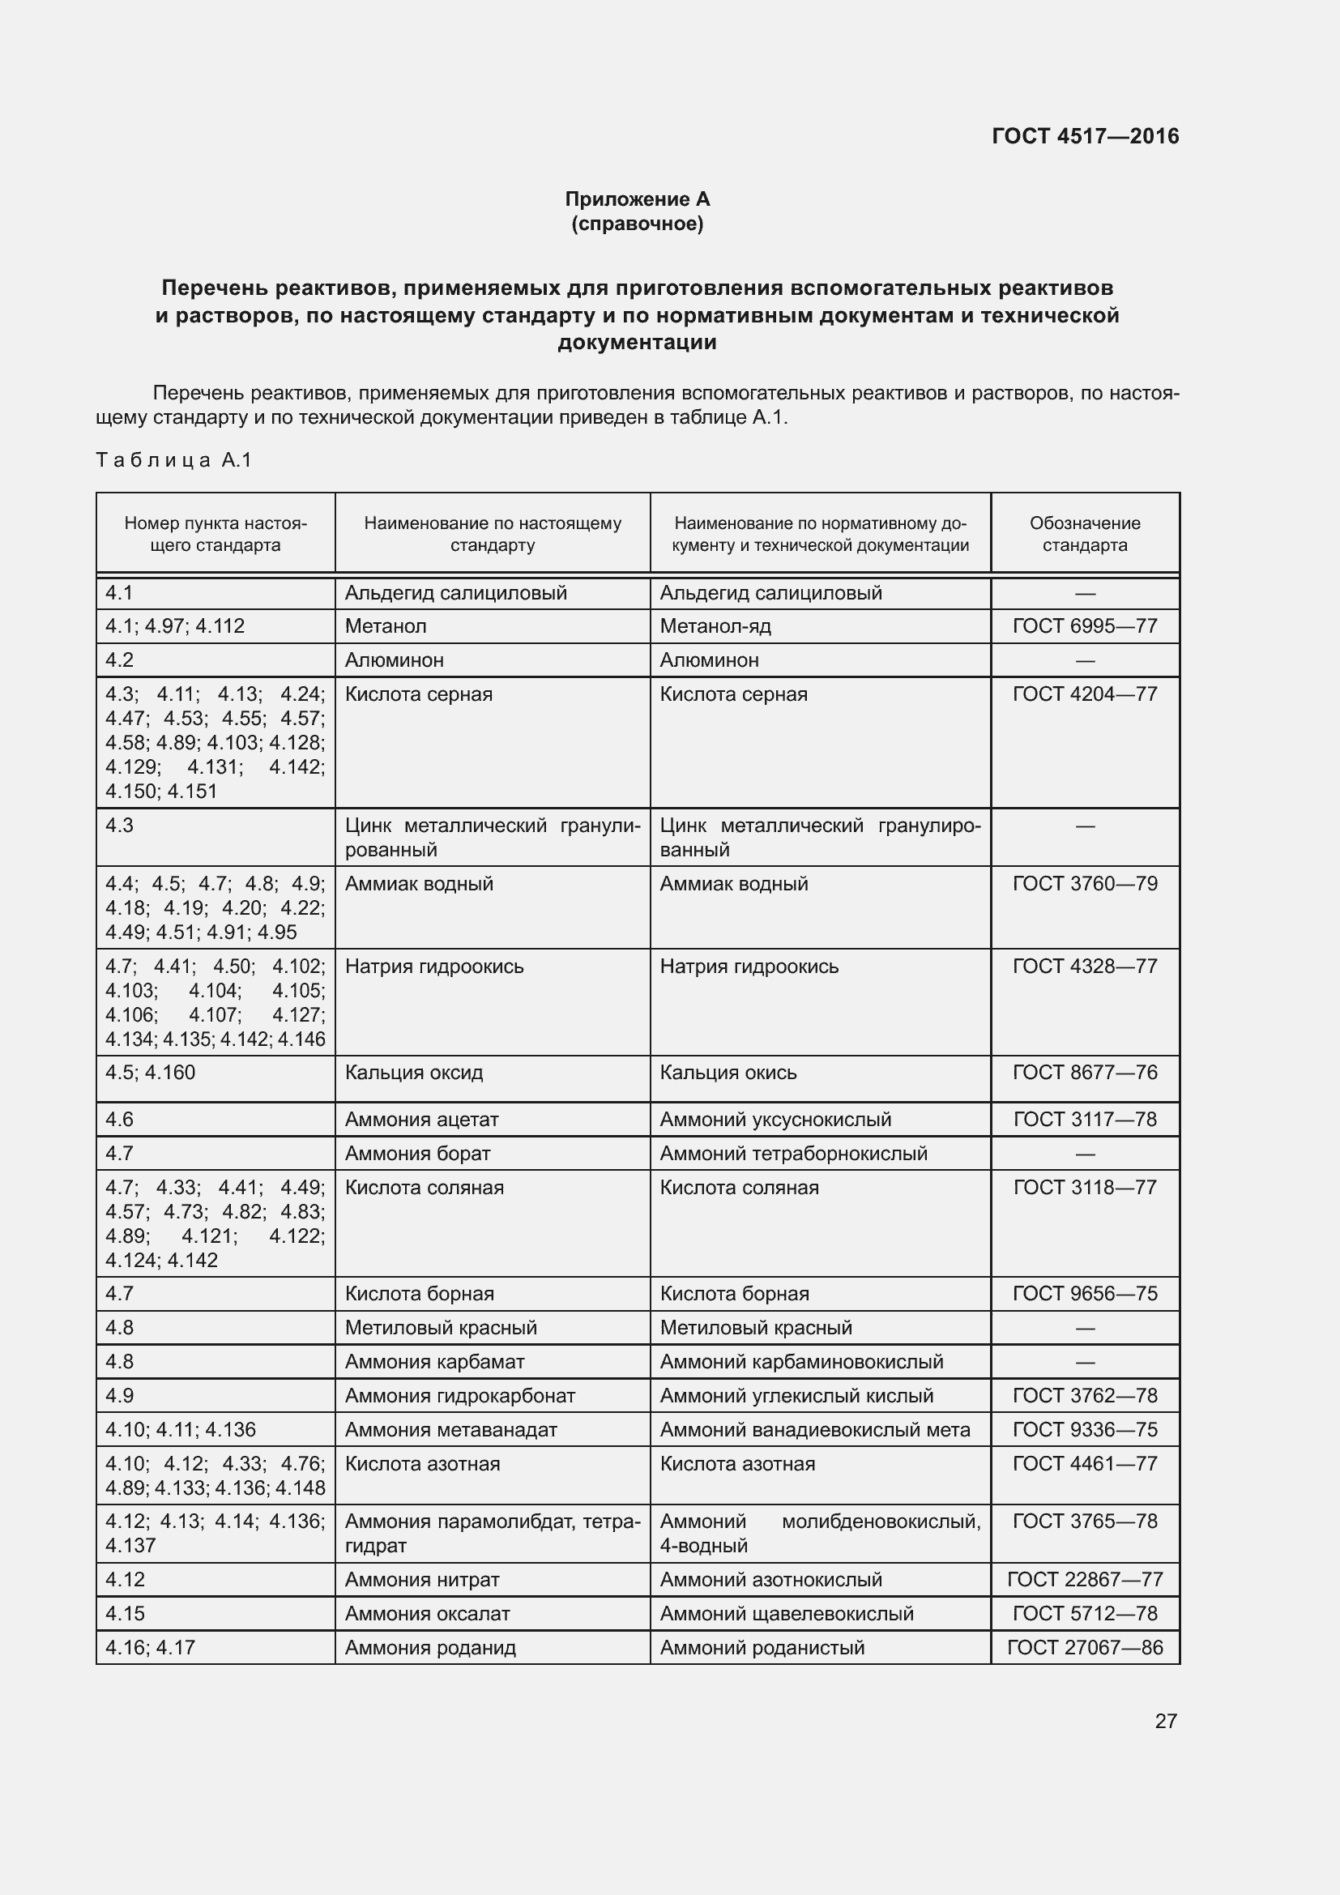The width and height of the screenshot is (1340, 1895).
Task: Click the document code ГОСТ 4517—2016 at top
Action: click(x=1084, y=136)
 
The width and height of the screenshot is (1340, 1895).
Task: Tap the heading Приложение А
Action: click(x=637, y=199)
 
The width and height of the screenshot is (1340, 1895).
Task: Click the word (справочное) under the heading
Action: click(x=637, y=224)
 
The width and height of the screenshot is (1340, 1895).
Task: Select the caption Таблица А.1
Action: click(x=173, y=459)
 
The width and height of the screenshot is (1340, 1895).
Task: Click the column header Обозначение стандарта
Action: click(x=1084, y=533)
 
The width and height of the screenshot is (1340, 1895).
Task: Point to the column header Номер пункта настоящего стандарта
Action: click(x=216, y=533)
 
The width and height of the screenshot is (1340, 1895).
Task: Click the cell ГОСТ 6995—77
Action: click(x=1084, y=625)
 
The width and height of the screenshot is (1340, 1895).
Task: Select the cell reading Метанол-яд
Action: click(x=715, y=625)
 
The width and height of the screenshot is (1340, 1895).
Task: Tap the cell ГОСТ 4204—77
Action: click(x=1084, y=694)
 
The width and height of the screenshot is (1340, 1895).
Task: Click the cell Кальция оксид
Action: click(x=413, y=1072)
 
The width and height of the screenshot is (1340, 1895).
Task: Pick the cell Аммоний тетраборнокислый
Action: click(x=793, y=1153)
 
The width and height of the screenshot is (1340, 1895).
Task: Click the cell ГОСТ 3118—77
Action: click(x=1084, y=1187)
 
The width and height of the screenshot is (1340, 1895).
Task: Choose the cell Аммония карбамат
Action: click(x=434, y=1361)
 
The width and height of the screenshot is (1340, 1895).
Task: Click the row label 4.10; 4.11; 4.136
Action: click(x=181, y=1428)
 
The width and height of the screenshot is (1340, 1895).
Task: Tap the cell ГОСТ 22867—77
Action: click(x=1084, y=1579)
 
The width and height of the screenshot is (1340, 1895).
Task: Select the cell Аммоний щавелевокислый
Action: click(x=787, y=1613)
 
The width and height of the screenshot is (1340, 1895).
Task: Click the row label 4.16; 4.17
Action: click(x=150, y=1646)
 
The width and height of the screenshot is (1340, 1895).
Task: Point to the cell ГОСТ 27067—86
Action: click(x=1084, y=1646)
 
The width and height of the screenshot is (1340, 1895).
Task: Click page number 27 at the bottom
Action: click(x=1165, y=1720)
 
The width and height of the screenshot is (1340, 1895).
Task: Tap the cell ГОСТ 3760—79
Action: click(x=1084, y=883)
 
